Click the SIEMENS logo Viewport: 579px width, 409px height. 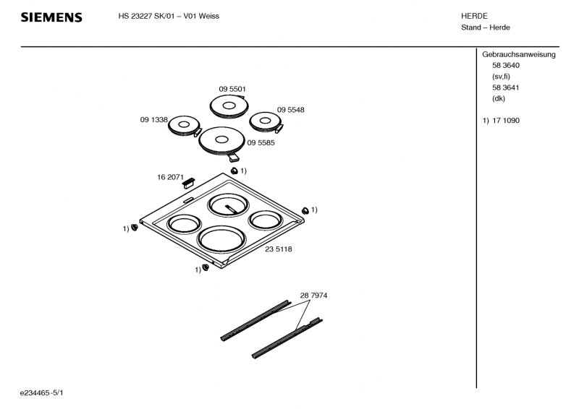(51, 17)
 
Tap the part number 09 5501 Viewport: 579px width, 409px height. (232, 89)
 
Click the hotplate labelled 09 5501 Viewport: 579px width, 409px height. (229, 106)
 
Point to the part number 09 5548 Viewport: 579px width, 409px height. (291, 110)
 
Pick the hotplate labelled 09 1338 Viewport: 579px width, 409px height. (185, 126)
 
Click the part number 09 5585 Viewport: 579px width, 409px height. (261, 143)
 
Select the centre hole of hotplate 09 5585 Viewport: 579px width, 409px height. (221, 139)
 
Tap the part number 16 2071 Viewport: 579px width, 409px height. (170, 177)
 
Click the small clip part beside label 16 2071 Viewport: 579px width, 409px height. (188, 182)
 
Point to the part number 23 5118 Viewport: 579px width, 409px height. (279, 249)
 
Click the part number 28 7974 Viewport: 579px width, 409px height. (313, 296)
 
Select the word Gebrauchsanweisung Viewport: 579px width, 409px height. (519, 55)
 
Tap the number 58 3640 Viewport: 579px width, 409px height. (506, 66)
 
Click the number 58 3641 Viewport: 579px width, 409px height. (506, 87)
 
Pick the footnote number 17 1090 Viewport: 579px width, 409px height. (506, 121)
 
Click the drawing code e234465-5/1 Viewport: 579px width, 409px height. (42, 393)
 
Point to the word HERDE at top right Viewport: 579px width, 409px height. (475, 16)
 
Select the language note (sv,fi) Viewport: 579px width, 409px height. (501, 77)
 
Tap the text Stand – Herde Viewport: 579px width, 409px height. (486, 27)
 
